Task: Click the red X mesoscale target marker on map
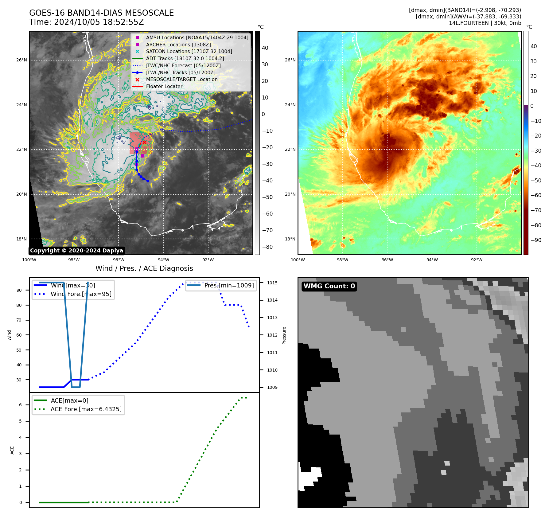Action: tap(144, 142)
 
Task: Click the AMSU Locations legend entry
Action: tap(197, 37)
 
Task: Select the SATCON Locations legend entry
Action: tap(189, 52)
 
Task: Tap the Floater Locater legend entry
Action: tap(164, 87)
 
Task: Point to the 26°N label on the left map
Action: tap(21, 60)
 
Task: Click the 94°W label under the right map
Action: tap(432, 260)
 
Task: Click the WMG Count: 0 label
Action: tap(329, 286)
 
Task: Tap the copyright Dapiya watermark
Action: tap(76, 251)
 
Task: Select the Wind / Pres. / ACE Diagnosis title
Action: tap(144, 268)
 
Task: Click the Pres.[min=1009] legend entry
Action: tap(229, 285)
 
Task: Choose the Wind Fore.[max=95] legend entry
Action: tap(81, 294)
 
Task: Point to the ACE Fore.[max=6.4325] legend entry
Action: tap(86, 409)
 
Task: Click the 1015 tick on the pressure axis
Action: tap(272, 283)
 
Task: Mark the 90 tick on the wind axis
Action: tap(19, 290)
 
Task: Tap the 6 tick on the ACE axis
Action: tap(21, 405)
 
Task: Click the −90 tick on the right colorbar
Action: tap(536, 240)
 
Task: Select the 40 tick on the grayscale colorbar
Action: tap(265, 48)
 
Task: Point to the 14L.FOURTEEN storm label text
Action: tap(469, 23)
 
